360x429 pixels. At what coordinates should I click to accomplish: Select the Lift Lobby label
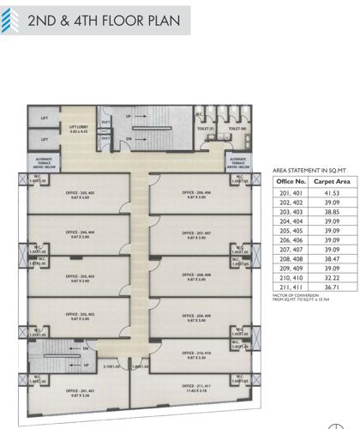[x=80, y=129]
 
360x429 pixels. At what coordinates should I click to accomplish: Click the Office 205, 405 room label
[x=81, y=194]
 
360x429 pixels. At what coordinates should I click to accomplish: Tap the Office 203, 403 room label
[x=81, y=277]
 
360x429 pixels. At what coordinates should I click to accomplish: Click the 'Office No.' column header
[x=286, y=182]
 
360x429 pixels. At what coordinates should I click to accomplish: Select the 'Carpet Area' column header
[x=326, y=182]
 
